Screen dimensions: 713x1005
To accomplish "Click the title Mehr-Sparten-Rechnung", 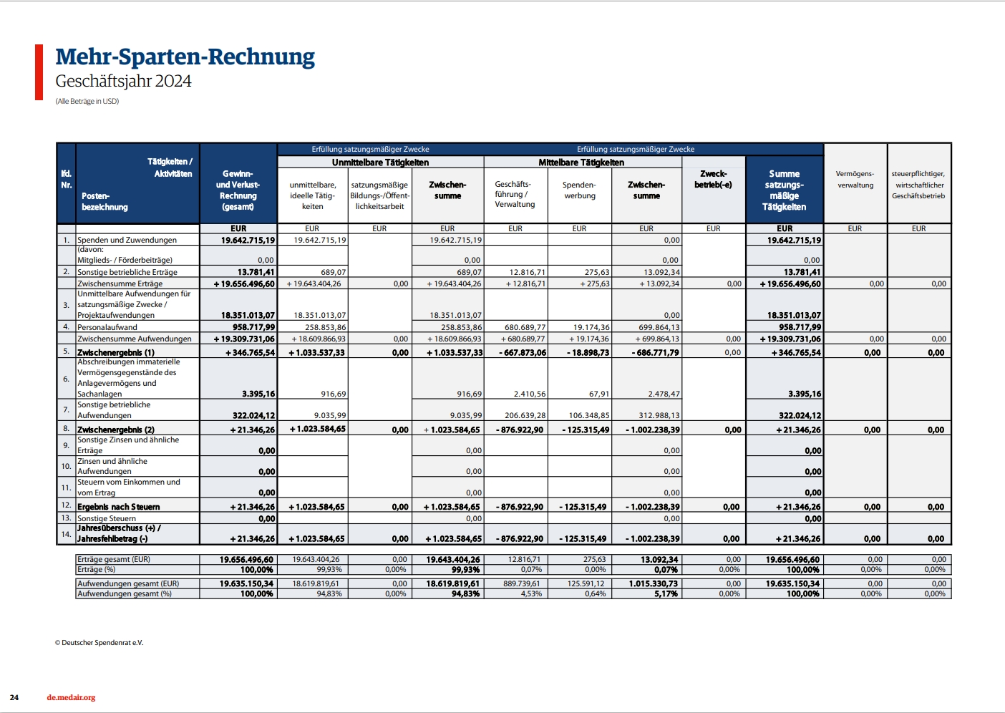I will (x=185, y=57).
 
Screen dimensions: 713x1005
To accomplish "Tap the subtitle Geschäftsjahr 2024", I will (x=123, y=81).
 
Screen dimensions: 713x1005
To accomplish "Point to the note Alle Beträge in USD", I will (x=87, y=102).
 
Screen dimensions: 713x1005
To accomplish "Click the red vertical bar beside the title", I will (x=39, y=72).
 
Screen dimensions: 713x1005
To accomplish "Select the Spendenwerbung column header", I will (x=579, y=190).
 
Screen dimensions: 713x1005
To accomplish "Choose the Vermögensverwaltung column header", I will (x=855, y=180).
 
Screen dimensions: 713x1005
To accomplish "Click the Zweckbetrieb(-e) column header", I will (x=713, y=179).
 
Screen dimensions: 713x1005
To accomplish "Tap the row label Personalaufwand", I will (x=107, y=327).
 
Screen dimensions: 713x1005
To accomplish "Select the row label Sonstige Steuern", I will (x=107, y=518).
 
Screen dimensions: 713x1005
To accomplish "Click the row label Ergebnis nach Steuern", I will (x=119, y=507).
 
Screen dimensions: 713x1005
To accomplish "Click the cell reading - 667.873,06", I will (x=522, y=352).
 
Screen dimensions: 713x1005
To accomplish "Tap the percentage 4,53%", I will (x=531, y=593).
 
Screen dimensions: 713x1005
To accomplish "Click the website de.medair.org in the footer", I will (x=71, y=697).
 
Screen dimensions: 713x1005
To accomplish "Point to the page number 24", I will (x=14, y=697).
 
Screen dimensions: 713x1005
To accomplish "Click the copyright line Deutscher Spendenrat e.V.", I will (x=99, y=643).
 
